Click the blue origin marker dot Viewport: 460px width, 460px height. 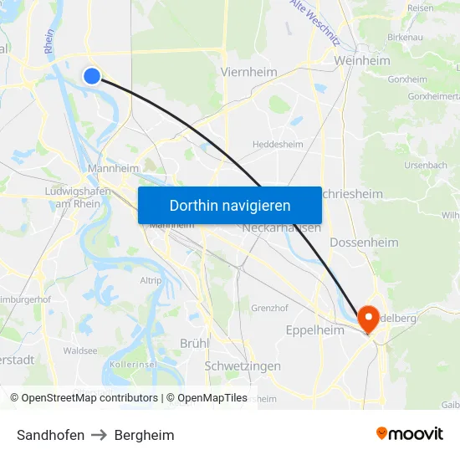[92, 76]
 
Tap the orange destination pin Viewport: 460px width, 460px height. [368, 319]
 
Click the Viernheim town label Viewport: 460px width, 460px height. [248, 72]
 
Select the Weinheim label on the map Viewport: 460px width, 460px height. [362, 61]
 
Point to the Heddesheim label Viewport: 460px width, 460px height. [278, 144]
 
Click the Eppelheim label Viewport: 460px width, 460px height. [314, 330]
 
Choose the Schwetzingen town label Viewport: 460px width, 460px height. [243, 366]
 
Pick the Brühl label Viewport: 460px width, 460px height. [194, 343]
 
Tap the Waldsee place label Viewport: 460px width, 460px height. [80, 351]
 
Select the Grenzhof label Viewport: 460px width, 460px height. [269, 308]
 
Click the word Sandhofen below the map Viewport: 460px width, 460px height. [50, 435]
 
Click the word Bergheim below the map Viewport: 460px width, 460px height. [145, 435]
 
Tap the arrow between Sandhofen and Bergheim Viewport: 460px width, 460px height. [100, 435]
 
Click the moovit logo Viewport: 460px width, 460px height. [410, 433]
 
